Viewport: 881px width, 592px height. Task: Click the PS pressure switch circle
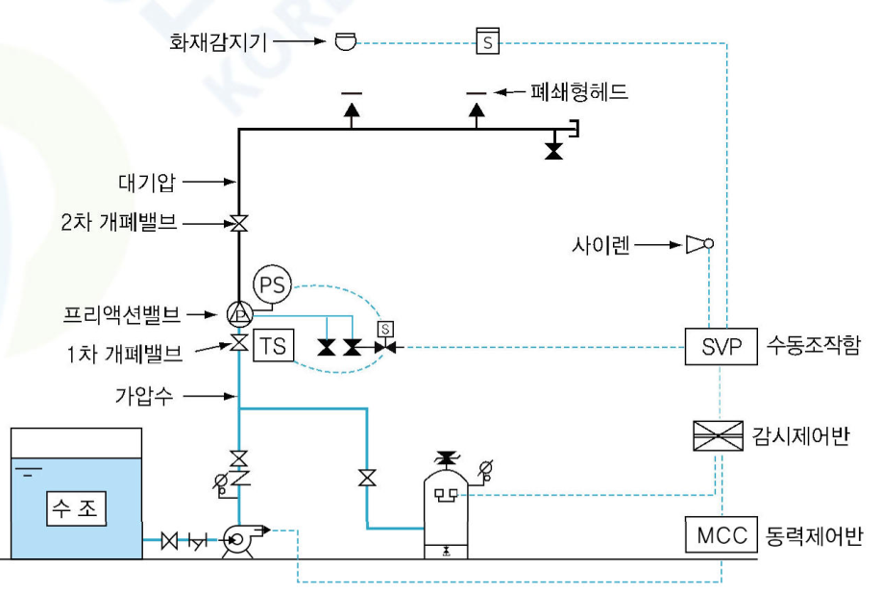pyautogui.click(x=271, y=285)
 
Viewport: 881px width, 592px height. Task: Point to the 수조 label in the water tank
pyautogui.click(x=75, y=507)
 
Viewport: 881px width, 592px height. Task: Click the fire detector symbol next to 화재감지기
pyautogui.click(x=344, y=41)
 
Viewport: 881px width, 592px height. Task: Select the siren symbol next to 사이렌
pyautogui.click(x=698, y=245)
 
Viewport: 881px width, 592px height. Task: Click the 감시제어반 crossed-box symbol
pyautogui.click(x=719, y=436)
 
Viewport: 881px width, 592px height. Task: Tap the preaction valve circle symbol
pyautogui.click(x=237, y=312)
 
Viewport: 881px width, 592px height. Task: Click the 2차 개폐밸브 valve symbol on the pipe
pyautogui.click(x=237, y=224)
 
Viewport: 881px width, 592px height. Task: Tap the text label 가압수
pyautogui.click(x=152, y=395)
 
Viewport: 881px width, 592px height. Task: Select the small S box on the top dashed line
pyautogui.click(x=488, y=41)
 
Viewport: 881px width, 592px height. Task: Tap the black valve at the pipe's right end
pyautogui.click(x=552, y=151)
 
